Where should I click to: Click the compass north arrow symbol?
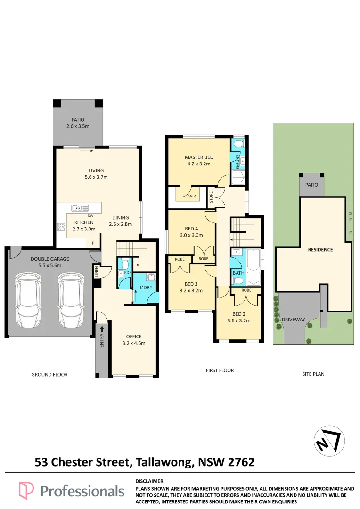click(329, 441)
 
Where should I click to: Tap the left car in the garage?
click(28, 300)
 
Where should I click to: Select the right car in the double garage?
click(71, 300)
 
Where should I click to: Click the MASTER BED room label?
click(199, 157)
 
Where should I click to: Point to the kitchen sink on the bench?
click(80, 208)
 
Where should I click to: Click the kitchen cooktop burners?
click(61, 227)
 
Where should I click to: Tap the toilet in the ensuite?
click(237, 144)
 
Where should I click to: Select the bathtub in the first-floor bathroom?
click(254, 260)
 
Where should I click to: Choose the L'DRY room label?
click(146, 287)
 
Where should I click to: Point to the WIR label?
click(192, 196)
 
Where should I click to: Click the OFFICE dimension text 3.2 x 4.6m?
click(134, 343)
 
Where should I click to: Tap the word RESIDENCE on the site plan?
click(320, 250)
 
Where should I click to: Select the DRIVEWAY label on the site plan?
click(293, 320)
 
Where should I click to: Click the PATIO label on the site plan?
click(311, 185)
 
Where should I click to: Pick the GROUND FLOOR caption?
click(49, 375)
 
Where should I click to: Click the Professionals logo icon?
click(26, 490)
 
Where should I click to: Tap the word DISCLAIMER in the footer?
click(149, 481)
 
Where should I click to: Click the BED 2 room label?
click(239, 314)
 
